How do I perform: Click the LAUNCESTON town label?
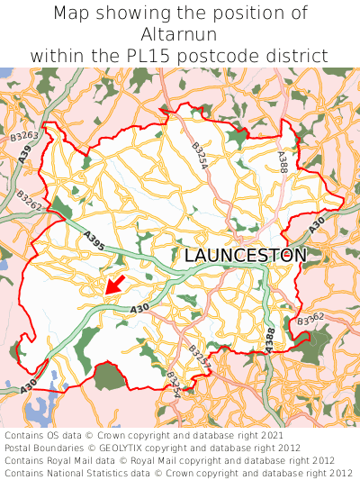(x=245, y=256)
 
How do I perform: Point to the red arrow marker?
(x=112, y=285)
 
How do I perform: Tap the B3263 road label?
(x=24, y=137)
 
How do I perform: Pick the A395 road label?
(x=94, y=240)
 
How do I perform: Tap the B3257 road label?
(x=199, y=357)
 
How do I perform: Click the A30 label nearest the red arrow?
(x=139, y=309)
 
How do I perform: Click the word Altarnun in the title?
(x=179, y=34)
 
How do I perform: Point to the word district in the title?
(x=297, y=55)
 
